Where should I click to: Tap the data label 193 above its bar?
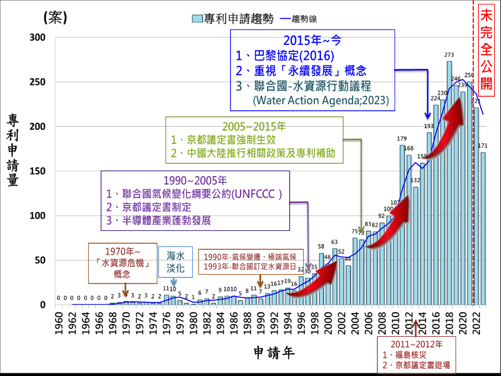429,127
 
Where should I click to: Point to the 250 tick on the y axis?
45,82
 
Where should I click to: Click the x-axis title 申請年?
274,352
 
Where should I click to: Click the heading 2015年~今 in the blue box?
313,40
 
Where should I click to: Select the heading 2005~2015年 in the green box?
254,127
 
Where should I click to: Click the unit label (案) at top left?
55,18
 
